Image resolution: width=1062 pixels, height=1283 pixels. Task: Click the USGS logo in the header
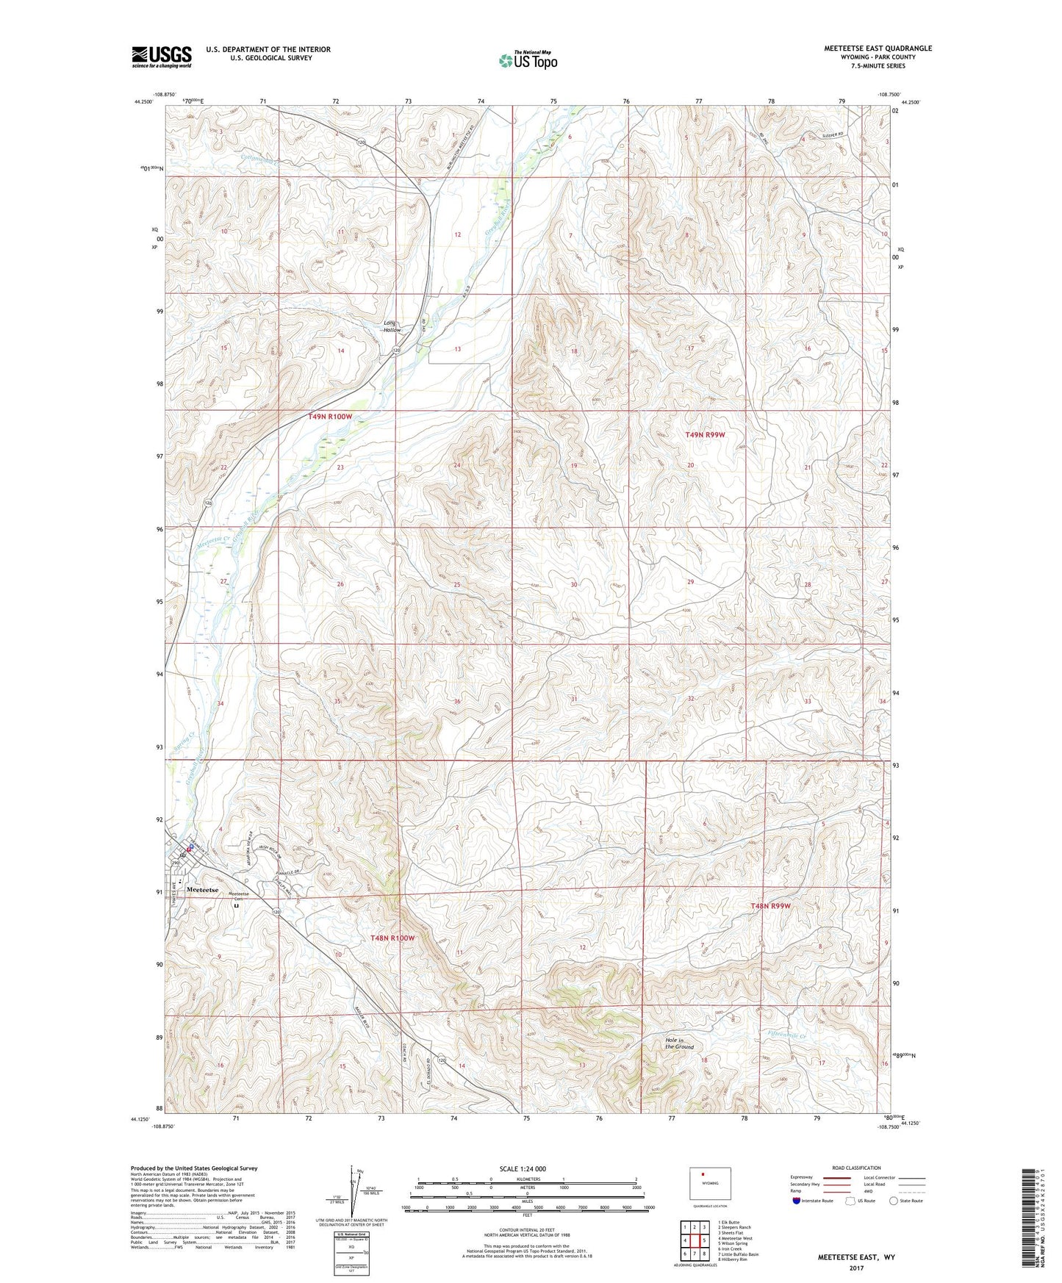coord(162,57)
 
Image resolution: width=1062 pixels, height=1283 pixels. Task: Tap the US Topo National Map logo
coord(528,60)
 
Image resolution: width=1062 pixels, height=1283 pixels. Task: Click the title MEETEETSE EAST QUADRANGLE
coord(878,48)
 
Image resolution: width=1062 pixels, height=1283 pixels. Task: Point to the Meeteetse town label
coord(203,890)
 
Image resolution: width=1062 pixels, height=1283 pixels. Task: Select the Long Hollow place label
coord(392,326)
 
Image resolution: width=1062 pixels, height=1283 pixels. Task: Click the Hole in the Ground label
coord(679,1043)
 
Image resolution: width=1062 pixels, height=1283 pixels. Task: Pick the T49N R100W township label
coord(330,417)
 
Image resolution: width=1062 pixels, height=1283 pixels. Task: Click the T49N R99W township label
coord(705,435)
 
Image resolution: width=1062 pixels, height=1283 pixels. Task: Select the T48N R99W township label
coord(770,906)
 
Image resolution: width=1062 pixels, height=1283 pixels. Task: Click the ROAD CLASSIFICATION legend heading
coord(856,1168)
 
